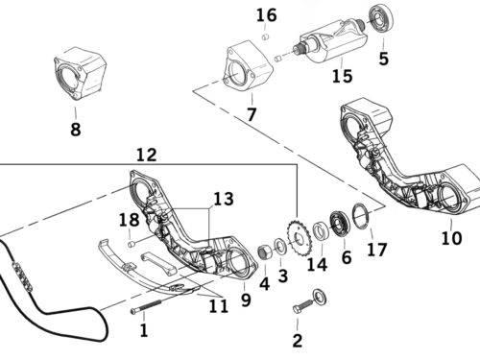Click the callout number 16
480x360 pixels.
tap(266, 14)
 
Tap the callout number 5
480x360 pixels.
tap(384, 59)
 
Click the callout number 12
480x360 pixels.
tap(145, 154)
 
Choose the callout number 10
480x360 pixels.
tap(450, 236)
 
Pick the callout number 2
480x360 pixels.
tap(297, 340)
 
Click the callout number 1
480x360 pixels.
tap(145, 331)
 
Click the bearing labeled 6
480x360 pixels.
tap(339, 226)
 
